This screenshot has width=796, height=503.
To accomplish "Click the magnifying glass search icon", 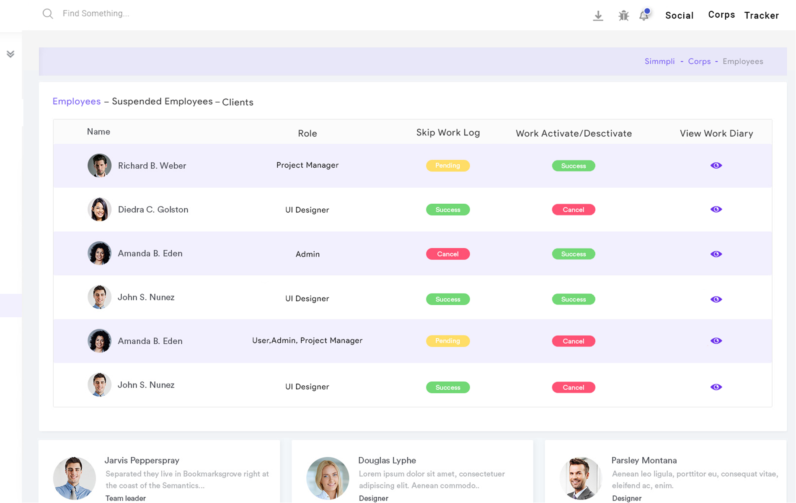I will coord(48,14).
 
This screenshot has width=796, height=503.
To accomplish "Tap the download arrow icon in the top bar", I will coord(598,16).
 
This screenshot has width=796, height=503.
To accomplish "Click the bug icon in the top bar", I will coord(623,16).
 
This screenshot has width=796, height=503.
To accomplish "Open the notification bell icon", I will coord(644,16).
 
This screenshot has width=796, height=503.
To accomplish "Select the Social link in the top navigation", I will coord(679,16).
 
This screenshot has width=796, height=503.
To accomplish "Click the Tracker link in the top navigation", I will coord(761,16).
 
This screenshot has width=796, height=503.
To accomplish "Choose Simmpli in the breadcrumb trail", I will coord(659,62).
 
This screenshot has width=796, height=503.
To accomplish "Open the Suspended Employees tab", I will coord(162,101).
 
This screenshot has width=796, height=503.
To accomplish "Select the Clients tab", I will coord(238,102).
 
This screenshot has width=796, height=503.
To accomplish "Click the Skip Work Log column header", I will coord(448,133).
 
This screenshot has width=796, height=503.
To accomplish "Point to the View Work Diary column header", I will coord(716,134).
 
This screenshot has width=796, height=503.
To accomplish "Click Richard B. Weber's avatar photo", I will coord(99,166).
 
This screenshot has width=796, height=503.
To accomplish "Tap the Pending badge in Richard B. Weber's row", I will coord(447,166).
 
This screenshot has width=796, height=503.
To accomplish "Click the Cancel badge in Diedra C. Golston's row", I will coord(573,210).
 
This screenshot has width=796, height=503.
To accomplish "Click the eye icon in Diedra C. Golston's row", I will coord(716,209).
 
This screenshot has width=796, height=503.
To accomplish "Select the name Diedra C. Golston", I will coord(153,210).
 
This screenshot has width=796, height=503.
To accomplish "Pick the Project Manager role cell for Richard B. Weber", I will coord(307,165).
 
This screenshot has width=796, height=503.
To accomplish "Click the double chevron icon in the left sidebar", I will coord(10,54).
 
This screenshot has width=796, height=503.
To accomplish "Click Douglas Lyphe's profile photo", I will coord(328,478).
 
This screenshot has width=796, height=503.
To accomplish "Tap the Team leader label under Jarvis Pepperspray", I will coord(125,498).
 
